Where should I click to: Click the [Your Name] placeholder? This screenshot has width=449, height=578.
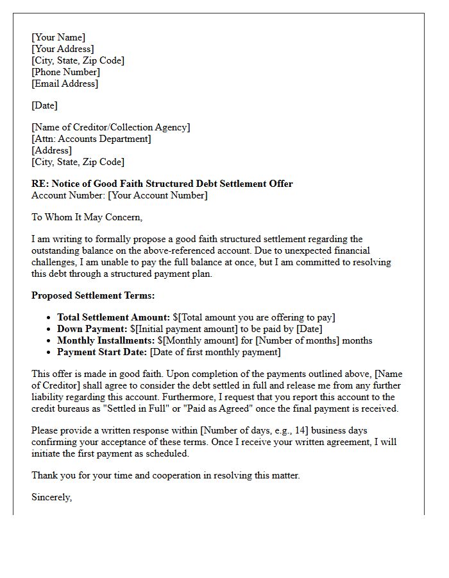58,37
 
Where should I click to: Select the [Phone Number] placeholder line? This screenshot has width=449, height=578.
65,72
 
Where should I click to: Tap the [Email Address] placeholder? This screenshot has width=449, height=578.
65,83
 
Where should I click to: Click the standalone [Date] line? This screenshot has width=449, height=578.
44,105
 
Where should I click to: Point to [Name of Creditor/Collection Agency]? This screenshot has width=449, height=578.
111,127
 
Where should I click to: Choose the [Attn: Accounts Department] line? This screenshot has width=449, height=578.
91,139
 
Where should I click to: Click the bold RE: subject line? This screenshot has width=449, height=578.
162,184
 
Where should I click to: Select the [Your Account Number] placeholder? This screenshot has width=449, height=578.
158,195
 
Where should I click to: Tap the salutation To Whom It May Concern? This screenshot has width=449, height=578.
87,217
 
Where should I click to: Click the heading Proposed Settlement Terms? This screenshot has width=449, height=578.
93,295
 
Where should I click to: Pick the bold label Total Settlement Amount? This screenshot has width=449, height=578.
114,317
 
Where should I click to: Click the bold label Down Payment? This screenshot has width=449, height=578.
90,329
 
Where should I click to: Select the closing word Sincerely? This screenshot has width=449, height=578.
51,497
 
